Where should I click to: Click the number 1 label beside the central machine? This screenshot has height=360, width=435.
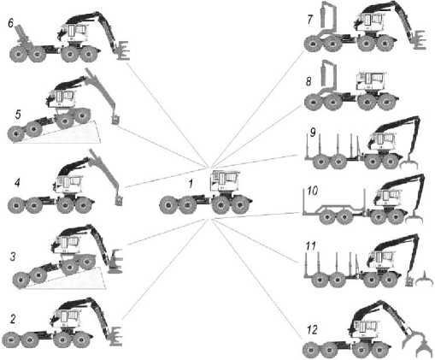click(x=191, y=184)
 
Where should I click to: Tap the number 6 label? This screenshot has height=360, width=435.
click(x=11, y=23)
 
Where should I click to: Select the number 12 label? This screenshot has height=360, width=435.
click(x=312, y=330)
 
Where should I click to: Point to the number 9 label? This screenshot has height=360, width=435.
click(x=313, y=133)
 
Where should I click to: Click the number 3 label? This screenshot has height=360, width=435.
click(x=13, y=257)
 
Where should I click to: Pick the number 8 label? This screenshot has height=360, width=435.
click(x=309, y=82)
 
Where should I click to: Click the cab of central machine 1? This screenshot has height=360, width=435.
click(x=225, y=180)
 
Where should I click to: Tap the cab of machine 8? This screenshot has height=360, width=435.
click(x=372, y=80)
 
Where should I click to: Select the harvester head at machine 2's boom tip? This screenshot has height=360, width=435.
click(x=115, y=336)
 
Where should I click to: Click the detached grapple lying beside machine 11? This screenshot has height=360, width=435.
click(x=424, y=280)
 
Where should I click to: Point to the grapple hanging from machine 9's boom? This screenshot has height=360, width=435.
click(x=409, y=163)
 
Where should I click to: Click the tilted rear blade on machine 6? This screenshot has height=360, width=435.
click(x=22, y=36)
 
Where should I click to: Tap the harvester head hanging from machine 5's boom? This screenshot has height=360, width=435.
click(x=115, y=120)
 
